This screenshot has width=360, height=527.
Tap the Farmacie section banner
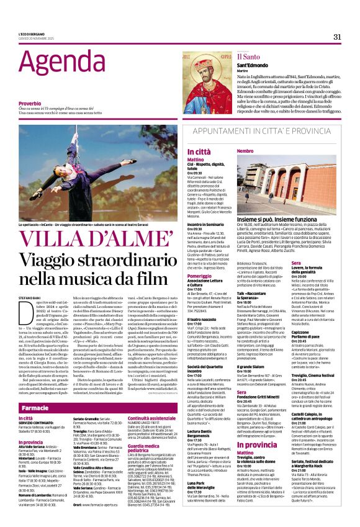coord(36,408)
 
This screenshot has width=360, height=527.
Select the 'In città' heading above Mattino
coord(182,151)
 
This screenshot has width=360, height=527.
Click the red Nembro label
coord(245,151)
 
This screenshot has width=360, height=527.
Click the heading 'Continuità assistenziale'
coord(163,418)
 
